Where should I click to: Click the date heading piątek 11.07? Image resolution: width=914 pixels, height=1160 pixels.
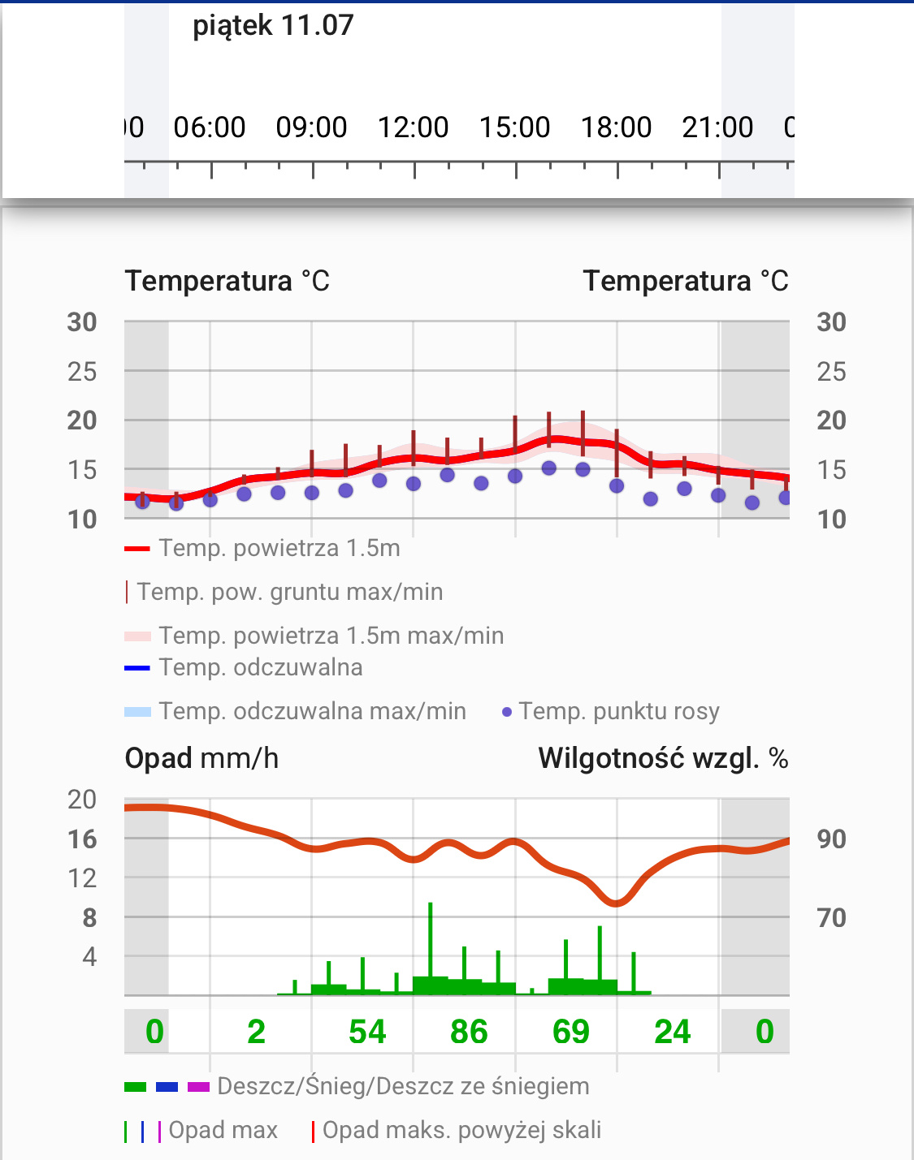tap(273, 26)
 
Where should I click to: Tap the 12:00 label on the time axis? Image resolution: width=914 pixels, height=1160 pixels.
tap(413, 127)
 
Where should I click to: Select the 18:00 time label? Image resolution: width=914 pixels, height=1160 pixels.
tap(616, 127)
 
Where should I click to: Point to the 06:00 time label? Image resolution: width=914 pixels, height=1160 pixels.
tap(210, 127)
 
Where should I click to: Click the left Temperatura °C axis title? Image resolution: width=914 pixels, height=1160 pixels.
tap(227, 281)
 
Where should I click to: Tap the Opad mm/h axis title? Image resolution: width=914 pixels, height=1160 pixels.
tap(201, 758)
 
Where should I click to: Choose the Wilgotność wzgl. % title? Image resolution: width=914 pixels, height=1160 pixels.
tap(663, 758)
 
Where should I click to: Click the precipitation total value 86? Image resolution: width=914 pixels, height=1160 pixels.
tap(469, 1032)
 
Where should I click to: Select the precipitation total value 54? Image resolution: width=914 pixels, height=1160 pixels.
tap(367, 1032)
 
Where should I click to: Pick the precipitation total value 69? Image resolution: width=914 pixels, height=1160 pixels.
tap(570, 1032)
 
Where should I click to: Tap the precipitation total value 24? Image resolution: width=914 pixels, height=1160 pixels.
tap(672, 1032)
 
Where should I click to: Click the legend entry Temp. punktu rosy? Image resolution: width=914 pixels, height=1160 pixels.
tap(618, 711)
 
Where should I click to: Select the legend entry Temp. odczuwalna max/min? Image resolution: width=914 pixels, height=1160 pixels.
tap(312, 711)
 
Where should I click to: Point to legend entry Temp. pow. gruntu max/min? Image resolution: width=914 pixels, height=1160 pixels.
tap(289, 592)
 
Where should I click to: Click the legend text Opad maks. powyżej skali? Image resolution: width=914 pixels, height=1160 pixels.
tap(461, 1130)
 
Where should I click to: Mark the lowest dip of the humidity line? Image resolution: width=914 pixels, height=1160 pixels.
tap(617, 903)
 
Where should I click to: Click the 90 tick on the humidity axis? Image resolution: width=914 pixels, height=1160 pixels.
tap(831, 839)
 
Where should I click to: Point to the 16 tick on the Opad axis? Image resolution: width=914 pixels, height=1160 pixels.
tap(82, 839)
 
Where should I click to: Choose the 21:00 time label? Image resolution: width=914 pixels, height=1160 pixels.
tap(717, 127)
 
